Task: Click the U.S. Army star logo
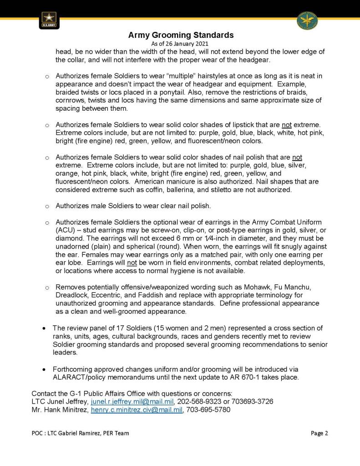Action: point(49,20)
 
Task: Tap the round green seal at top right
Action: point(307,20)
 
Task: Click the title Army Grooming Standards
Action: point(181,35)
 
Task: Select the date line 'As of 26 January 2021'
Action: point(181,44)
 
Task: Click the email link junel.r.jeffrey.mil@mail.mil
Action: point(132,402)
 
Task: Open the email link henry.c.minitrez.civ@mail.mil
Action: point(137,410)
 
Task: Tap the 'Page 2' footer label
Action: point(319,433)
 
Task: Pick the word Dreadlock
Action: point(71,295)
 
